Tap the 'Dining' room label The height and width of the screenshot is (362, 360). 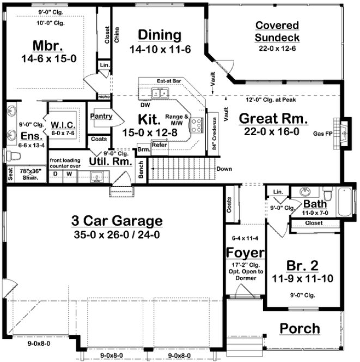point(159,35)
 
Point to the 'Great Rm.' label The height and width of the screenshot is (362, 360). point(273,118)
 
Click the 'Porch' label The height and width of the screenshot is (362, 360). point(300,328)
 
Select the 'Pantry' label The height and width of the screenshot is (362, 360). point(100,116)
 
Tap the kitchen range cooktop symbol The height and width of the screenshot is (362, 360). point(194,126)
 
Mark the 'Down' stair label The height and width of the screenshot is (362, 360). point(224,169)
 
